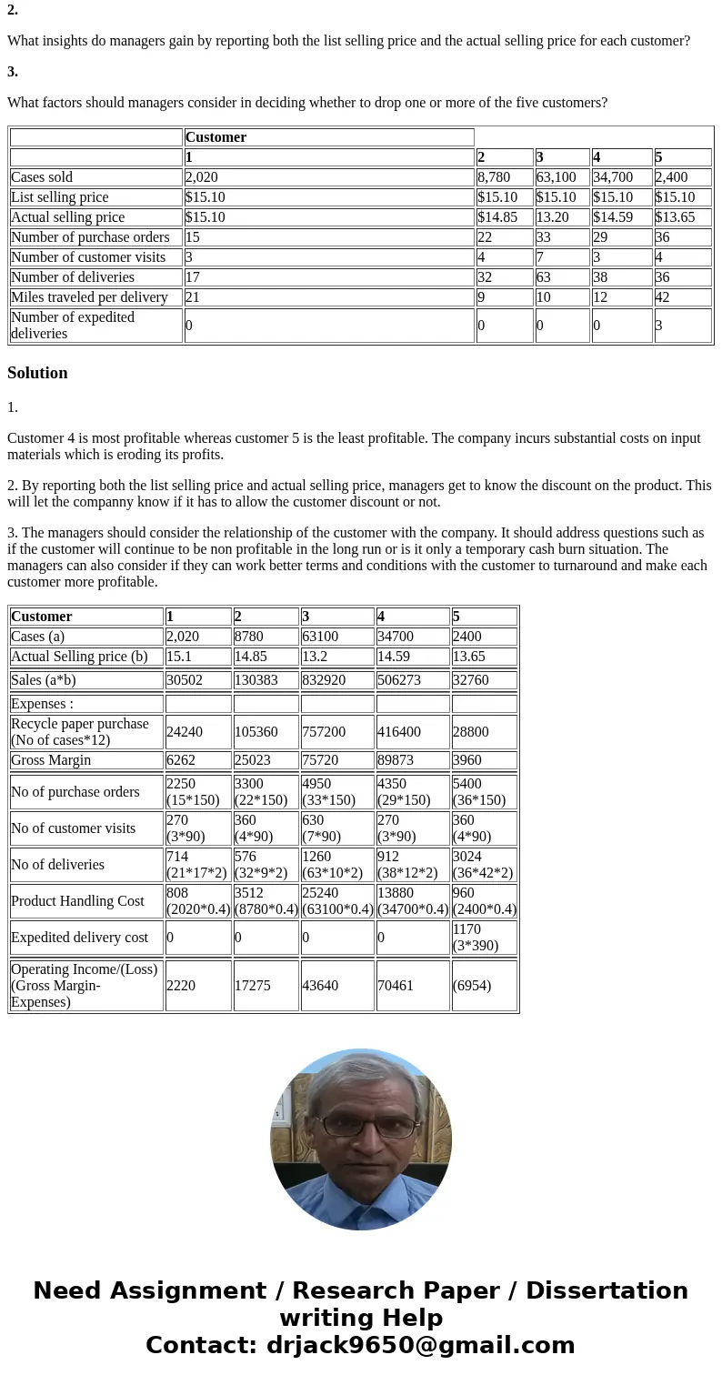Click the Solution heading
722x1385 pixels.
[37, 373]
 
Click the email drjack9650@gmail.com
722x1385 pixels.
[420, 1345]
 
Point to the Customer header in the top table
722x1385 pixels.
[216, 137]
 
